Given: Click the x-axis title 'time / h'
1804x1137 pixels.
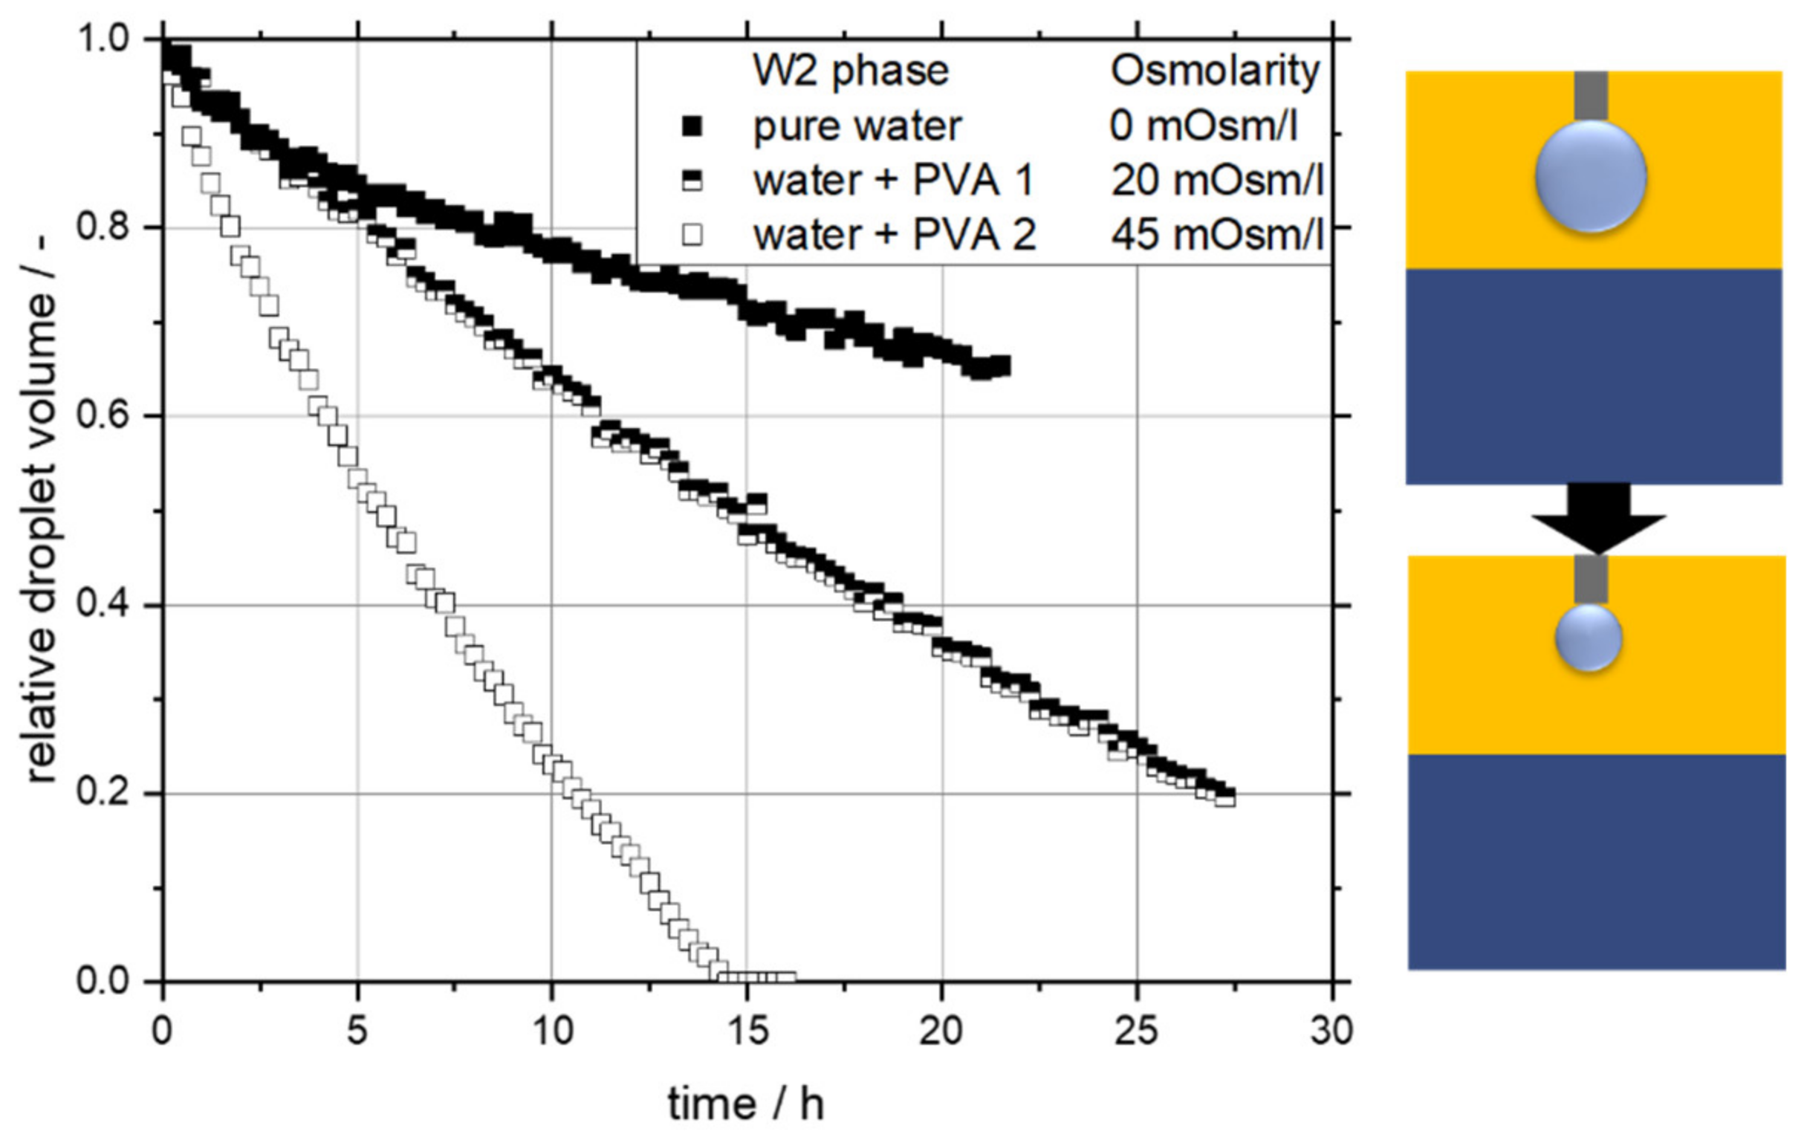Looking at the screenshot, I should click(745, 1104).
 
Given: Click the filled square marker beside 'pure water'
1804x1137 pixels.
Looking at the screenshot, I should click(693, 126).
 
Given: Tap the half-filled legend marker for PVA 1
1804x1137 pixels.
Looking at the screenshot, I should click(693, 181).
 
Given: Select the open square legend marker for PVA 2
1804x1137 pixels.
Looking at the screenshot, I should click(693, 236).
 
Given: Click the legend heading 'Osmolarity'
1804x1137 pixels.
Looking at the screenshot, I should click(1214, 71).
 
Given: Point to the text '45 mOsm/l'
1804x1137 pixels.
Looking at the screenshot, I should click(1216, 236).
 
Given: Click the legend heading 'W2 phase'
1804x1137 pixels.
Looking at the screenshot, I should click(850, 71).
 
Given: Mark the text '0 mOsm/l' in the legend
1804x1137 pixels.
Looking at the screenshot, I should click(1202, 126).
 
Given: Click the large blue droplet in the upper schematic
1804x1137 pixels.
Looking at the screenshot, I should click(1590, 178).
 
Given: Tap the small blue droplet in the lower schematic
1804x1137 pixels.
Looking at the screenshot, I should click(1589, 638).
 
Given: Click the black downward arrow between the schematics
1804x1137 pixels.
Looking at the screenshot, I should click(1598, 517).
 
